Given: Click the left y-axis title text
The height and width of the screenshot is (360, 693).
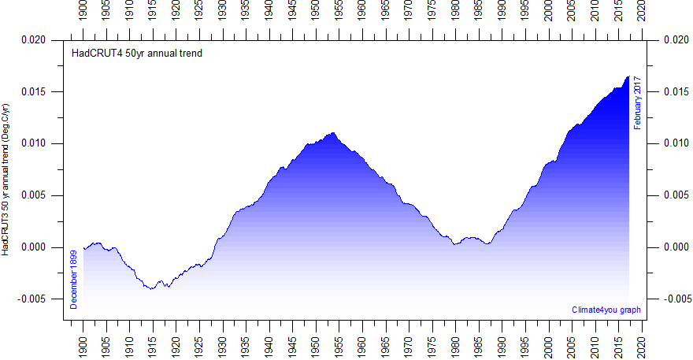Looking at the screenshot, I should tap(6, 178).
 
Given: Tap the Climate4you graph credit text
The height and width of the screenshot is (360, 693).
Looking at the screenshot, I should tap(606, 310).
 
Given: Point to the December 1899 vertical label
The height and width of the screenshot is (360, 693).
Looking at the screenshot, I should tap(74, 279).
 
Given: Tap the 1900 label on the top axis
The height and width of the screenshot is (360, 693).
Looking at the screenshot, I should tap(83, 13).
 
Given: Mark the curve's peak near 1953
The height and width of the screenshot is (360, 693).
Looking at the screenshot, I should tap(333, 133).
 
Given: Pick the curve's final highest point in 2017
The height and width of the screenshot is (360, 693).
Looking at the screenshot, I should tap(628, 76).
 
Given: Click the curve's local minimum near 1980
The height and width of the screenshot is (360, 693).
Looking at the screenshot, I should tap(455, 244).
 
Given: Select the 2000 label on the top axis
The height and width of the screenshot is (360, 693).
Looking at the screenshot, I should tap(549, 13).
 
